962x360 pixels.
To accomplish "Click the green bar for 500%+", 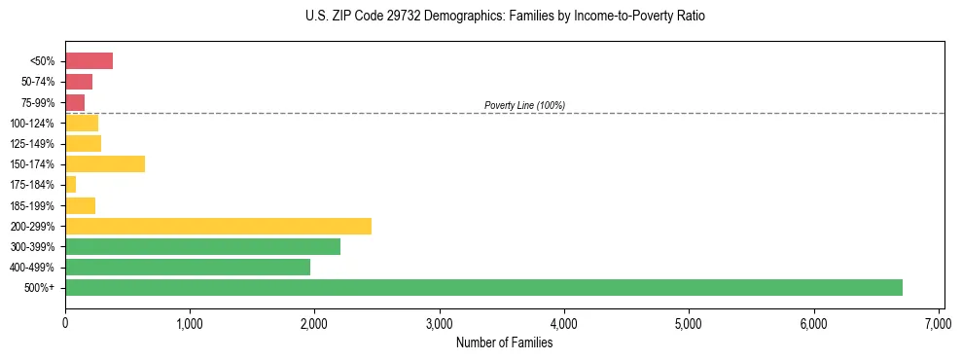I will pos(483,287).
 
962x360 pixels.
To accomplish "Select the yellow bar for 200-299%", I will pos(218,226).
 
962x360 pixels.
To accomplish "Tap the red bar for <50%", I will pos(89,61).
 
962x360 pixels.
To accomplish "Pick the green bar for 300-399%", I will pos(202,246).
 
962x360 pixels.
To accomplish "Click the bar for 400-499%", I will pos(188,267).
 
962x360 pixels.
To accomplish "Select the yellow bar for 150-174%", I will pos(105,163).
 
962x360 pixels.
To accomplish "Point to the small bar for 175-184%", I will pos(70,185).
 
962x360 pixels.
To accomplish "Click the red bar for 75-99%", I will pos(75,102).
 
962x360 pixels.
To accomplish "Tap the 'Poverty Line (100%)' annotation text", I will pos(524,105).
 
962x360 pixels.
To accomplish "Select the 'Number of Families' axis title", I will pos(504,342).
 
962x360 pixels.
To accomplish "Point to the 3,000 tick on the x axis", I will pos(440,323).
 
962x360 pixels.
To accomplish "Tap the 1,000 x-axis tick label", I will pos(190,323).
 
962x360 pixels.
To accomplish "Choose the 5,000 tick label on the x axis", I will pos(689,323).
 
